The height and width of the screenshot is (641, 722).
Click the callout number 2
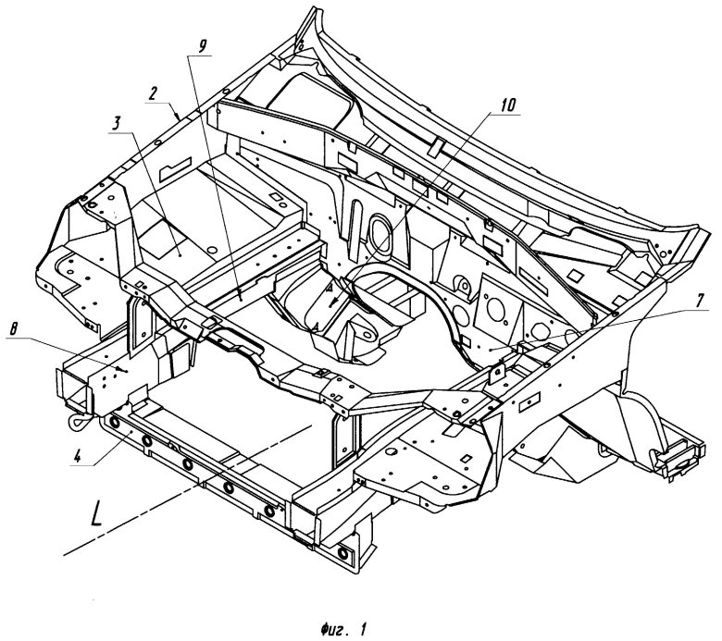point(151,92)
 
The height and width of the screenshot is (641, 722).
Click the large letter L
point(95,513)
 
